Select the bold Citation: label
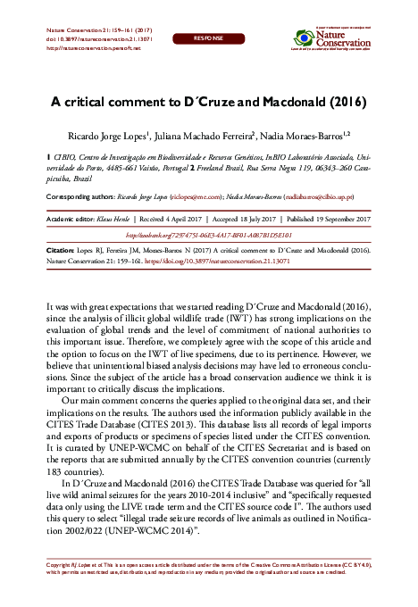(60, 253)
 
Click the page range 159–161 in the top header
(115, 30)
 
